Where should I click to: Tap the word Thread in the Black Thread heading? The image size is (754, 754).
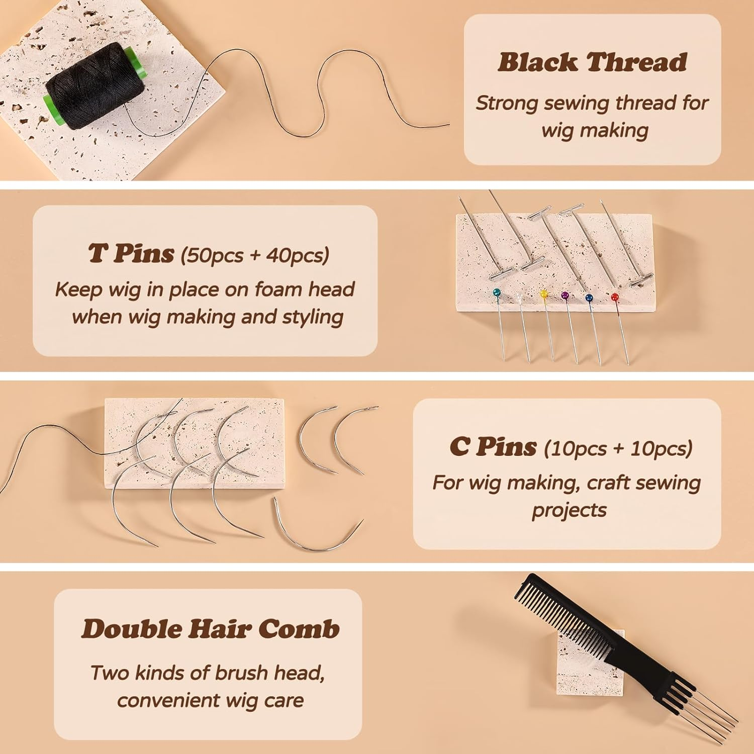[x=637, y=62]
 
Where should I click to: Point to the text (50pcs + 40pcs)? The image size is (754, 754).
[x=254, y=255]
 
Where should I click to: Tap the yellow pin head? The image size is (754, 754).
[x=543, y=294]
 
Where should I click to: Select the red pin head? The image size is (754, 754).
[x=614, y=297]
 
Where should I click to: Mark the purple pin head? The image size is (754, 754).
[x=564, y=296]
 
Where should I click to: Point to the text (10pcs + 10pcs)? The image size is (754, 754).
[x=618, y=448]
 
